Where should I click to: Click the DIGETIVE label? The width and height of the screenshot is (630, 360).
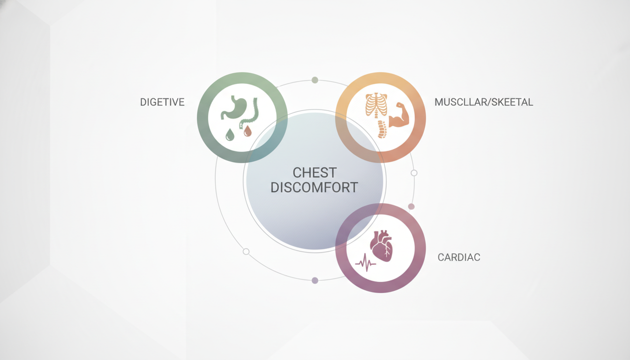[162, 102]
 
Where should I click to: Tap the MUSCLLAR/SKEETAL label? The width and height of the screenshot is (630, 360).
[484, 102]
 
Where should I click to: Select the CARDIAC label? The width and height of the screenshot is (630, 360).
[459, 257]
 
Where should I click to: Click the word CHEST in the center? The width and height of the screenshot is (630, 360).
[315, 172]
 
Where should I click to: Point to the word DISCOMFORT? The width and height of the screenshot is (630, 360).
[314, 187]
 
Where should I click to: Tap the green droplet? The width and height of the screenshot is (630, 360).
[230, 135]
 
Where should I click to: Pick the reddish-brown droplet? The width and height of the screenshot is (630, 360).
[247, 131]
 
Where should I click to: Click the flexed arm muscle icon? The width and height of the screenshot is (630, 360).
[398, 116]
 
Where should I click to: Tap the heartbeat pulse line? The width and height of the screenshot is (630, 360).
[365, 263]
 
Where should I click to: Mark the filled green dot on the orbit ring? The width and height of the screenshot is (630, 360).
[315, 80]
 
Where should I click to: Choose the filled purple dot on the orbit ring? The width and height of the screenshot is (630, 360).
[315, 280]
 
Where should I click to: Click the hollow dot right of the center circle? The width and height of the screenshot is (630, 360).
[414, 173]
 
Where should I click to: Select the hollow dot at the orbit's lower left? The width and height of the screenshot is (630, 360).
[246, 252]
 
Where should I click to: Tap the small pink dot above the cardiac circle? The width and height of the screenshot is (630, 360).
[411, 207]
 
